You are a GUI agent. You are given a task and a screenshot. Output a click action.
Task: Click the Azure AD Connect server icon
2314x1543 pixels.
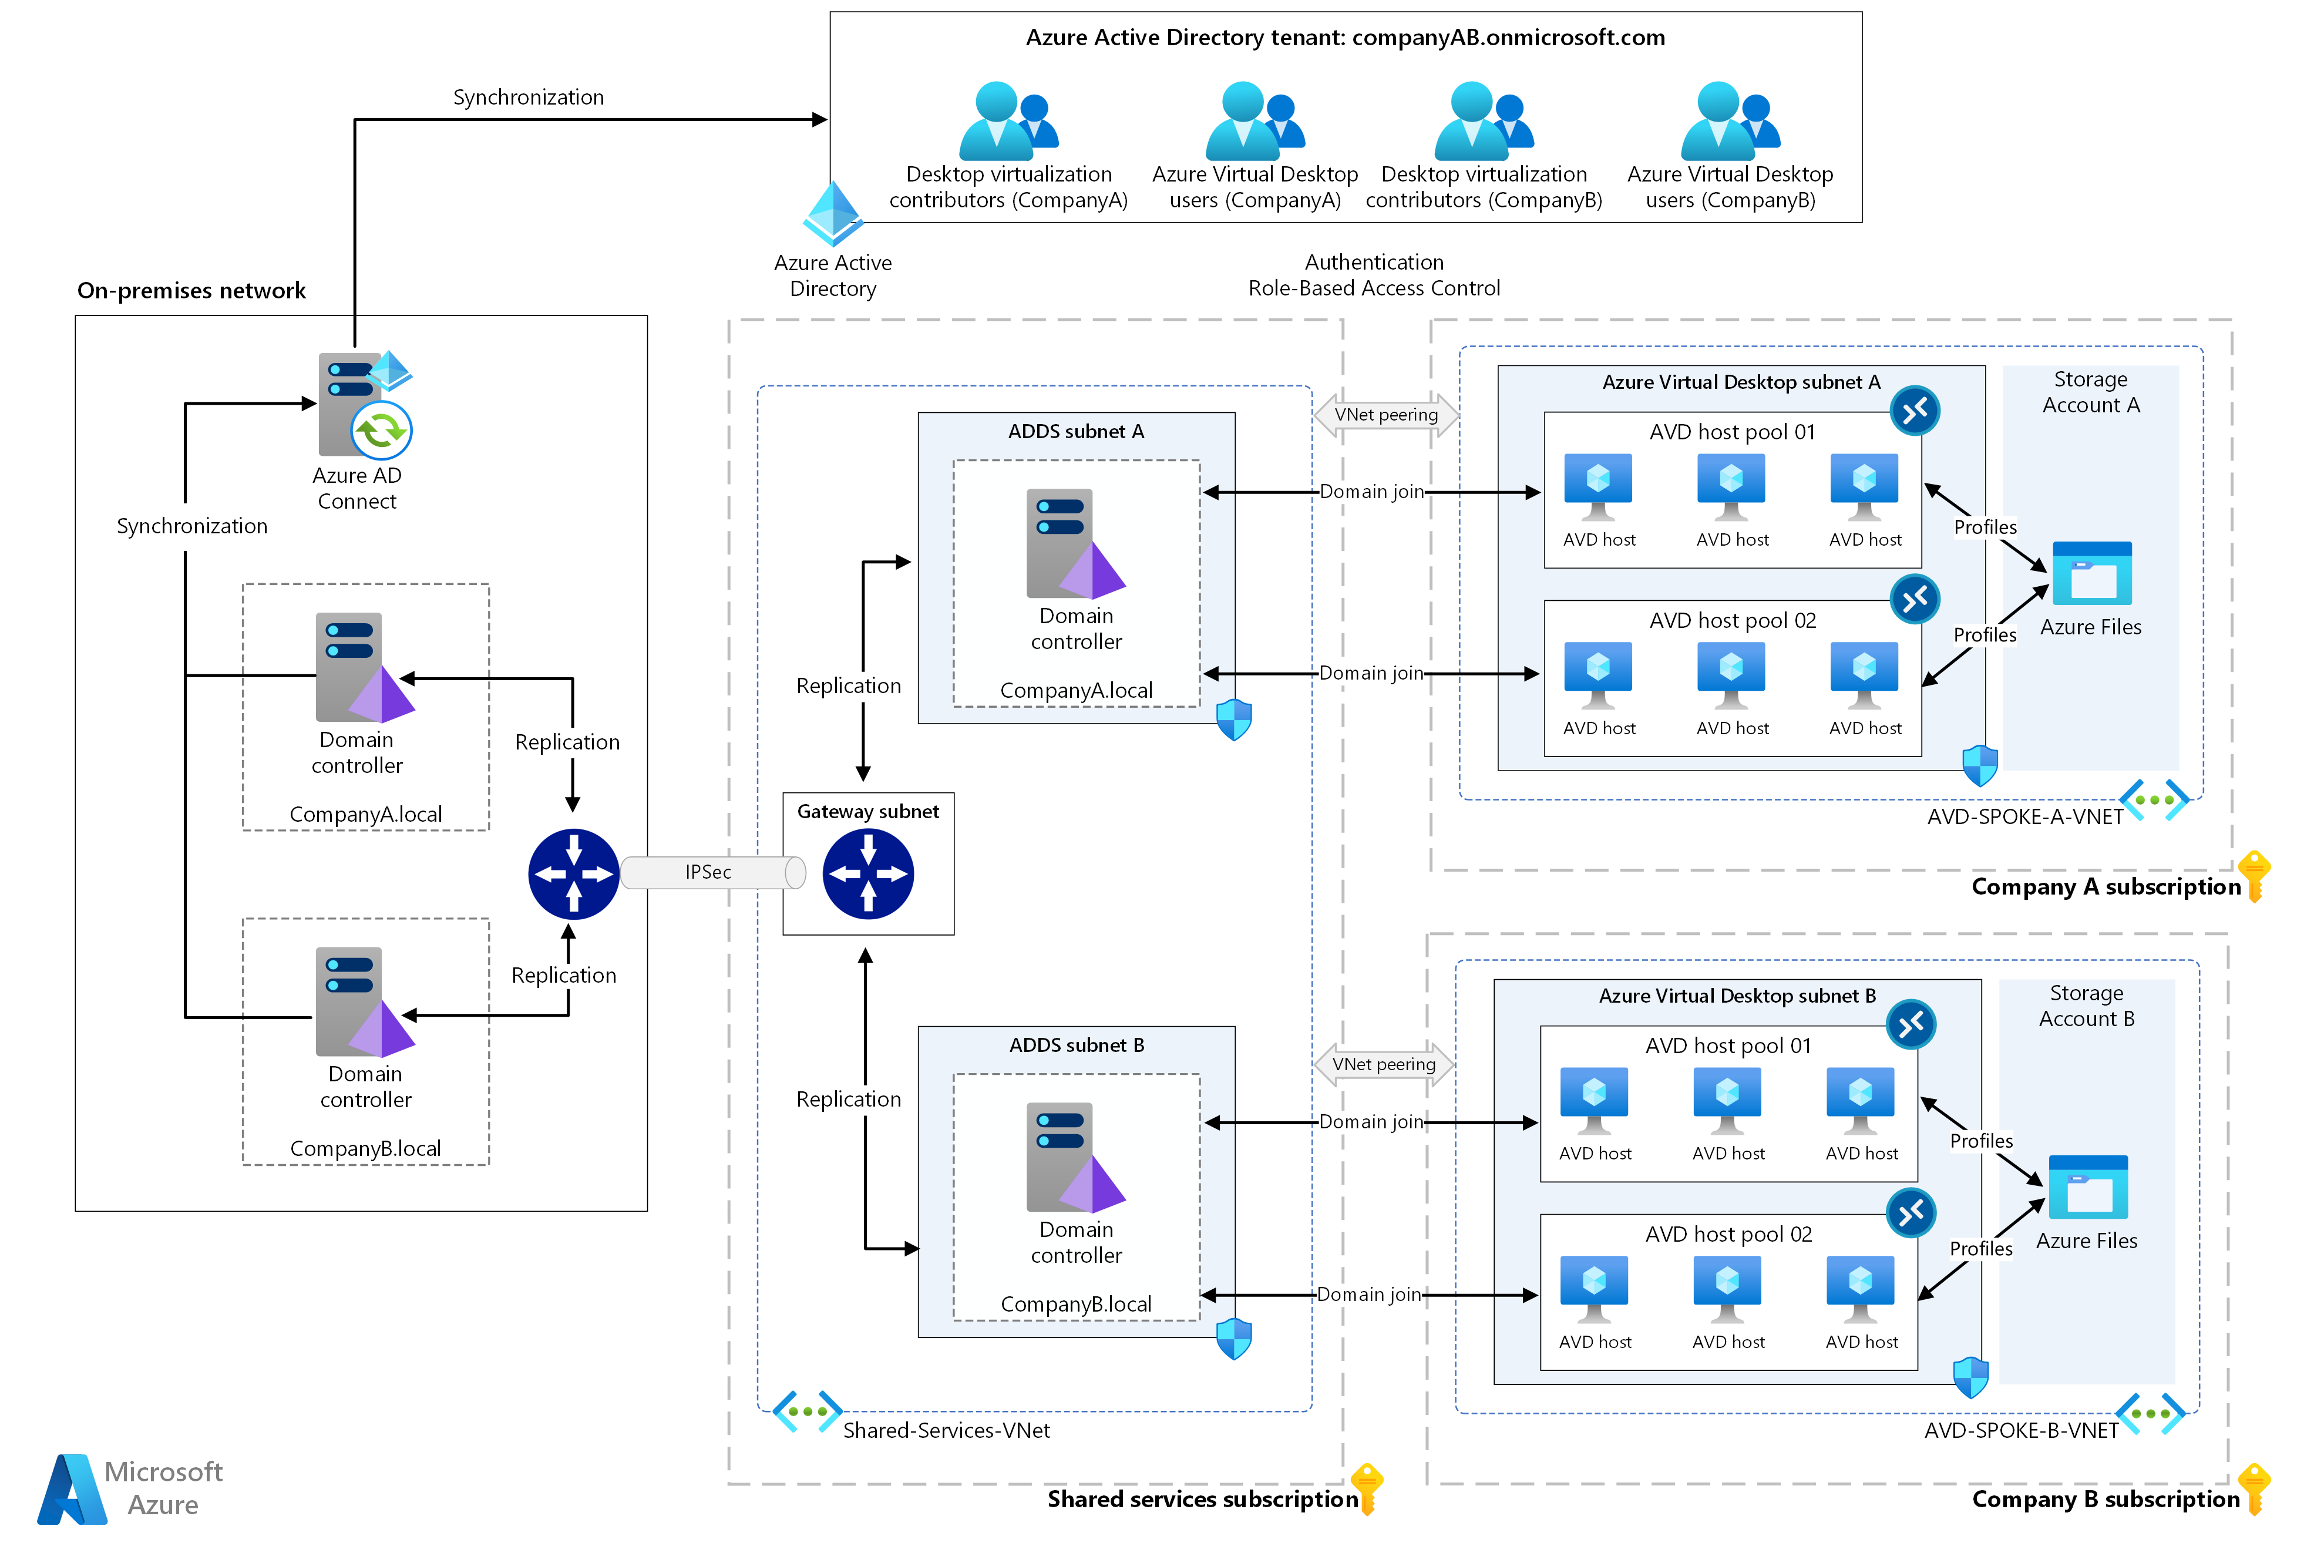(365, 405)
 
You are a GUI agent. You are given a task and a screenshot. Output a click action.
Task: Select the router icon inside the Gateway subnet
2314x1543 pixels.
(869, 875)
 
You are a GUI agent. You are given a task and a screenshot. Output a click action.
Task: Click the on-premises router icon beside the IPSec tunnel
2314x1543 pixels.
(574, 875)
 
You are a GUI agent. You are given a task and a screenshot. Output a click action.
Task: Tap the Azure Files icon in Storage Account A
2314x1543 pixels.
(2091, 574)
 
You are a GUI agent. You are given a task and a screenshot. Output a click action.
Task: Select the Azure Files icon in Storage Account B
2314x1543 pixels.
(2088, 1188)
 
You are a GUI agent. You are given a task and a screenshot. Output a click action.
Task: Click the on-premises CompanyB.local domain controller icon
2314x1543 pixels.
(365, 1003)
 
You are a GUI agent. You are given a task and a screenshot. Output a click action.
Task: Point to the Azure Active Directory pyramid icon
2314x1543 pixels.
(833, 214)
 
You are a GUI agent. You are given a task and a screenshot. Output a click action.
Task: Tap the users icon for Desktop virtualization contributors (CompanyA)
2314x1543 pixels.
(1008, 121)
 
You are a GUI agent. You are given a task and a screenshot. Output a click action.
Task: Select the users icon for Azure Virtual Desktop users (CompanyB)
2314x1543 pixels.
(1731, 121)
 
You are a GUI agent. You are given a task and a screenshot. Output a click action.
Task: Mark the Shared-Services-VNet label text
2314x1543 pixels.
(947, 1431)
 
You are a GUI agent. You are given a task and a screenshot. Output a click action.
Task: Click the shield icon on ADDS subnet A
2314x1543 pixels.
(1234, 720)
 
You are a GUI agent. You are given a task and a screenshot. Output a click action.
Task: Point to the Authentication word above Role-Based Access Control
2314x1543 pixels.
(1374, 263)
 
